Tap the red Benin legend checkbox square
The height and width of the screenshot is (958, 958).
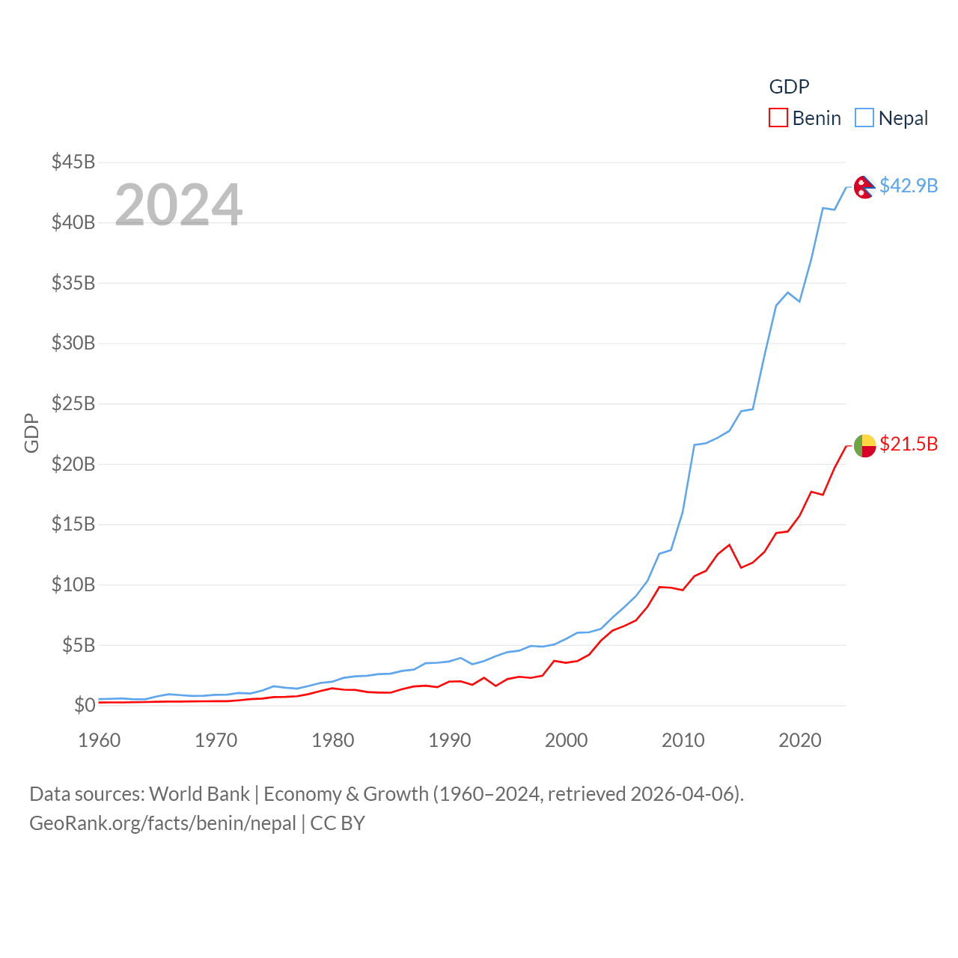tap(778, 118)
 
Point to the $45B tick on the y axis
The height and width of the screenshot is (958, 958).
tap(73, 162)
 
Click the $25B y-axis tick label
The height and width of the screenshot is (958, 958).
tap(73, 403)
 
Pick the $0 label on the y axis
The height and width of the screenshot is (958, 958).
tap(85, 705)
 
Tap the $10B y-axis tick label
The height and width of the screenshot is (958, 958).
tap(73, 585)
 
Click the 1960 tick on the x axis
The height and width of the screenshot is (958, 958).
tap(100, 740)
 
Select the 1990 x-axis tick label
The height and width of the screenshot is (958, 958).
tap(450, 740)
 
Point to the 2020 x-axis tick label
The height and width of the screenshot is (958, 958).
tap(800, 740)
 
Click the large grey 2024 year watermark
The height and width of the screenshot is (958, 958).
tap(178, 204)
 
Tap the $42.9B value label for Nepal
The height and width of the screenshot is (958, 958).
tap(909, 186)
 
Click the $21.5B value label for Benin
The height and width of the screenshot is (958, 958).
tap(909, 444)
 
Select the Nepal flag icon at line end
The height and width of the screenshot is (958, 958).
tap(864, 187)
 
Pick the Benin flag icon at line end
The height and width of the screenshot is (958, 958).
tap(864, 445)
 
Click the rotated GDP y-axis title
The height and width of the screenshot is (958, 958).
tap(31, 433)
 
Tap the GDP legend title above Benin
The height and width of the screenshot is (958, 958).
tap(789, 87)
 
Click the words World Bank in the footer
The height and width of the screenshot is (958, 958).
tap(199, 793)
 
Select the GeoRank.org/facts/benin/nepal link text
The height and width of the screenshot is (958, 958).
tap(162, 823)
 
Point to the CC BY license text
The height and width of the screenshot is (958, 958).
tap(338, 823)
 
